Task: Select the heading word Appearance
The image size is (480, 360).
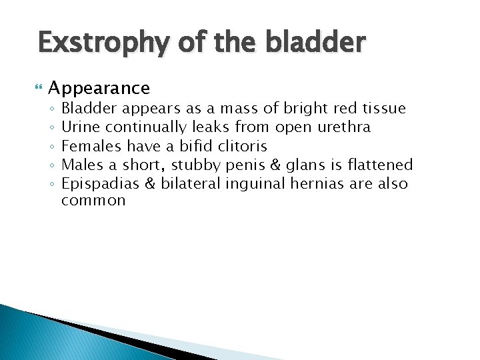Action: pyautogui.click(x=99, y=88)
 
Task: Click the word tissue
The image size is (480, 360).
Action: pyautogui.click(x=383, y=108)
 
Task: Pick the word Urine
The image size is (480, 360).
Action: pyautogui.click(x=80, y=127)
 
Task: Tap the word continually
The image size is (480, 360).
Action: pyautogui.click(x=146, y=127)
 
